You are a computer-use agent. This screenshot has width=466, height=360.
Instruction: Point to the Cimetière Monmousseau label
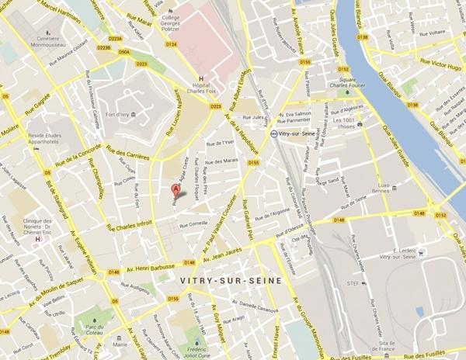point(48,43)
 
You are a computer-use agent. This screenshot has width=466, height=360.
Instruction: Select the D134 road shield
point(172,44)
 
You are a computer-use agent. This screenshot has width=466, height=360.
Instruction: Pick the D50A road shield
point(124,52)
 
